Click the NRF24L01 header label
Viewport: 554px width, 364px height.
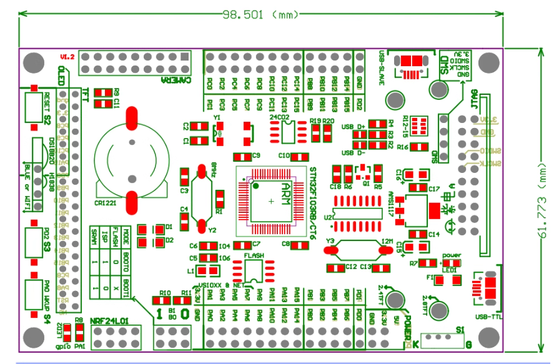point(109,321)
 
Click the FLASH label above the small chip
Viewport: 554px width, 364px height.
point(254,256)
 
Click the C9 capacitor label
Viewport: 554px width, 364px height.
point(257,155)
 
